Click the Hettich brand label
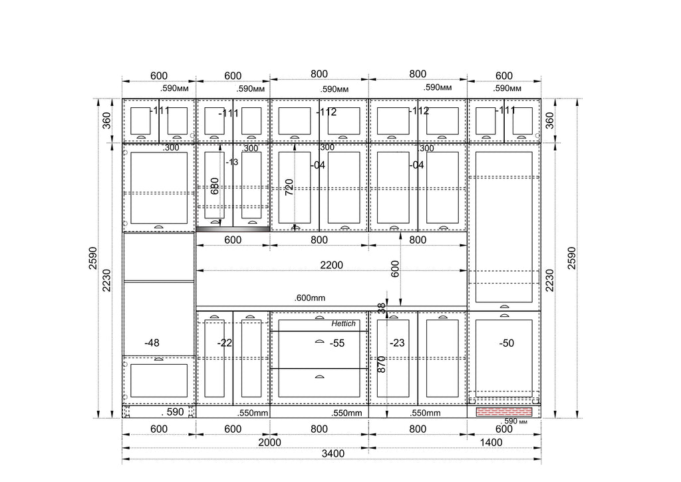343,324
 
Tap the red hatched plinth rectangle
504,411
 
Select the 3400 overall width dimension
333,453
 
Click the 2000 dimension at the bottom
269,442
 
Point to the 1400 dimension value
491,442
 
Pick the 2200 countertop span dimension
331,265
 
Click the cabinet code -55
337,343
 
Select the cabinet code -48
152,343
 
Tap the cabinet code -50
506,343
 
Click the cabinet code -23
397,343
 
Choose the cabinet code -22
225,343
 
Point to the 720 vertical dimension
289,187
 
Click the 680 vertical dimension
215,186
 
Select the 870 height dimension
381,364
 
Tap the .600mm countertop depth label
310,298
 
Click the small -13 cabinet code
232,162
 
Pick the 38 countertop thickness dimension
381,309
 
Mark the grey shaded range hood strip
233,229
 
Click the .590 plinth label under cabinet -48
172,411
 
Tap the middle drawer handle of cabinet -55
320,342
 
